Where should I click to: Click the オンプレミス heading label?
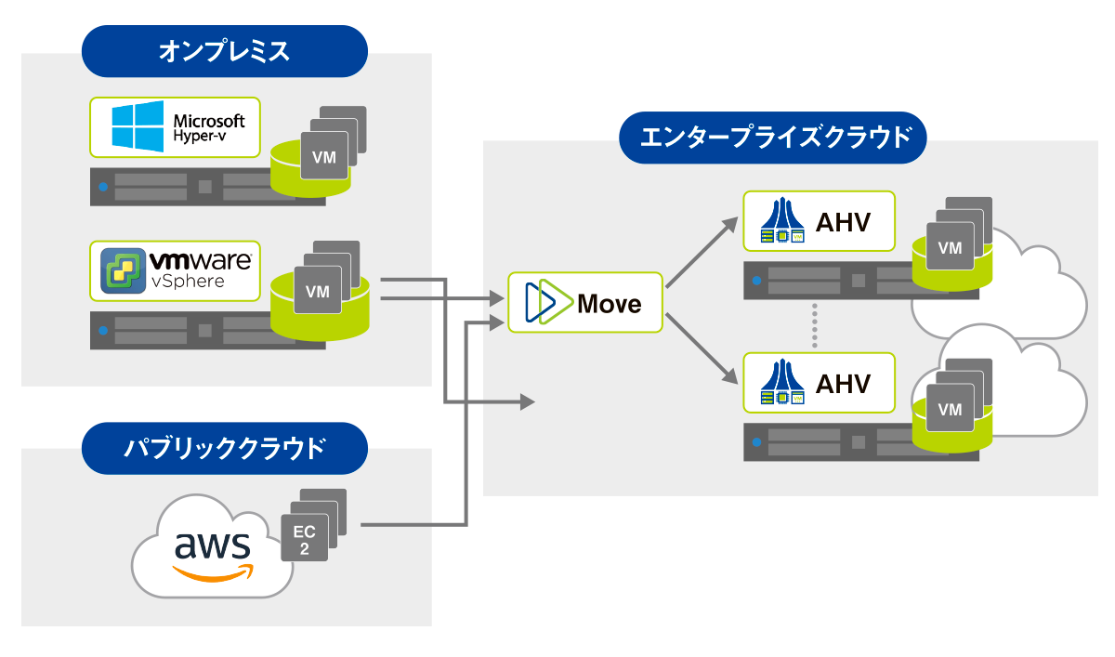224,51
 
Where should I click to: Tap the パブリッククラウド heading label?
224,448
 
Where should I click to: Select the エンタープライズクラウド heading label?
773,138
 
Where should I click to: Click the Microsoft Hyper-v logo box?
175,126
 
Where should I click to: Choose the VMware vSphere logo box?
175,270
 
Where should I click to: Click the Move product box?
585,303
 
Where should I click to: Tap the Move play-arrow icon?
545,303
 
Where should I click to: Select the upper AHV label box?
819,221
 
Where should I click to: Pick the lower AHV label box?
819,382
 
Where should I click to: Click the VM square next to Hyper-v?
323,157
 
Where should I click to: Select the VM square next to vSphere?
318,291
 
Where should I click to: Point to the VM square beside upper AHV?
950,248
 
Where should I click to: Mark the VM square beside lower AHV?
950,409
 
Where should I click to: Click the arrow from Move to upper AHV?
700,252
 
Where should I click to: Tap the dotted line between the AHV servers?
815,324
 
